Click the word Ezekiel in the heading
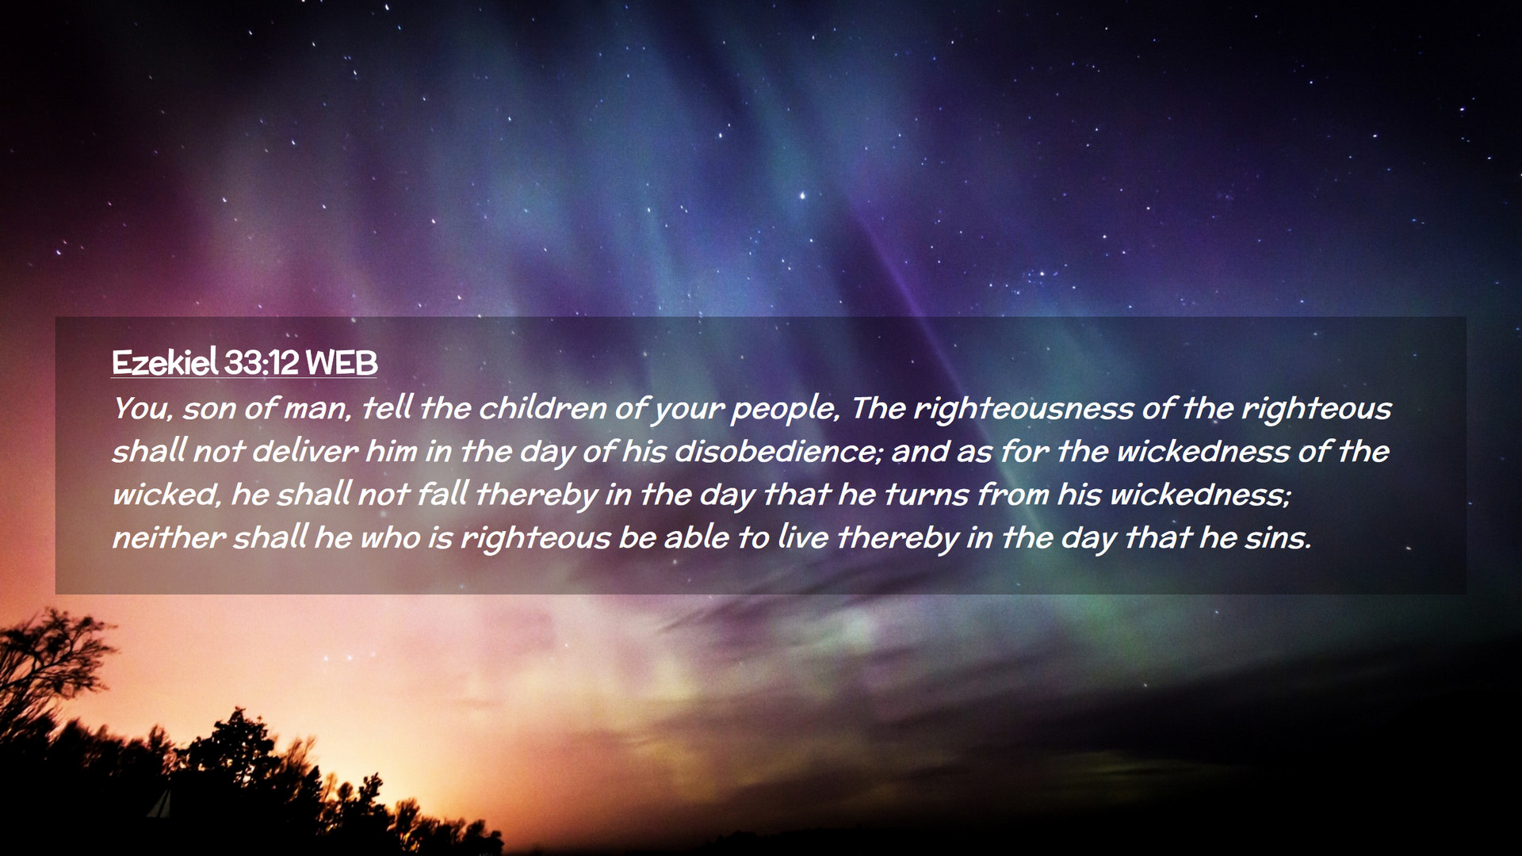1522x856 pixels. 165,363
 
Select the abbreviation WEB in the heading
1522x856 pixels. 342,363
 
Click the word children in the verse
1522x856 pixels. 543,408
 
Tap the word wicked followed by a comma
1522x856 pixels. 165,495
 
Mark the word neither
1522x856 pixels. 168,538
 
